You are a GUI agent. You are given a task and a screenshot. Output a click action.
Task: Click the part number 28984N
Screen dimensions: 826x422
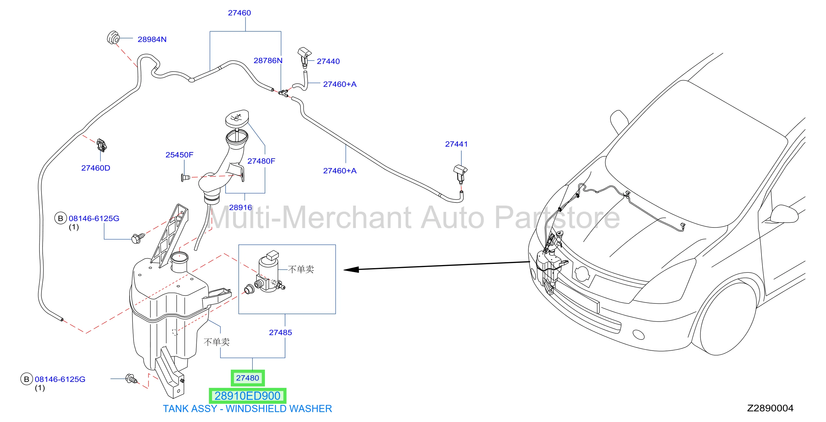pyautogui.click(x=152, y=39)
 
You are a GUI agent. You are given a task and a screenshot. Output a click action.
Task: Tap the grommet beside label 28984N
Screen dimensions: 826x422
pyautogui.click(x=113, y=38)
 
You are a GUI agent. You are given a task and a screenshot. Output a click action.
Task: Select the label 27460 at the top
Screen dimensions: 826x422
pyautogui.click(x=239, y=13)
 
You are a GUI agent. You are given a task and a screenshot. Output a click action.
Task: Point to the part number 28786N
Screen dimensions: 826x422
pyautogui.click(x=268, y=60)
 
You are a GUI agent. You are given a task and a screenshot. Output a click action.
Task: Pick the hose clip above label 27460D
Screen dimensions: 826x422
pyautogui.click(x=102, y=145)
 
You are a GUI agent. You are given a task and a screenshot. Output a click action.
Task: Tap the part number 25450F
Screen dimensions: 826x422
pyautogui.click(x=179, y=155)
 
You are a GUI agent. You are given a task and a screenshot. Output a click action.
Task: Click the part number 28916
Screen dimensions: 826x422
pyautogui.click(x=240, y=207)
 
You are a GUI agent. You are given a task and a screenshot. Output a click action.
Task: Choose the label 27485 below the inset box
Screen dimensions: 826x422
pyautogui.click(x=280, y=332)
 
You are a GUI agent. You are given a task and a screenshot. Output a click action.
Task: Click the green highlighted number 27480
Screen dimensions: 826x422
pyautogui.click(x=248, y=378)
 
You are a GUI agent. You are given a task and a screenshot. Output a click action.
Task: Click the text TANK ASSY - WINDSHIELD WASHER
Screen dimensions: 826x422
pyautogui.click(x=247, y=409)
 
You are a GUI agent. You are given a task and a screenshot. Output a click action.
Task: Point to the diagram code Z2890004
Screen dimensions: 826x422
pyautogui.click(x=770, y=408)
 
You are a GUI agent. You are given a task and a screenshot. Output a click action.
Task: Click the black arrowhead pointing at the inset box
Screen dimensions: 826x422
pyautogui.click(x=351, y=270)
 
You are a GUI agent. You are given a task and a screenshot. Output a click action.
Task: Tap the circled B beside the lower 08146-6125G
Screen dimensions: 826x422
pyautogui.click(x=27, y=379)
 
